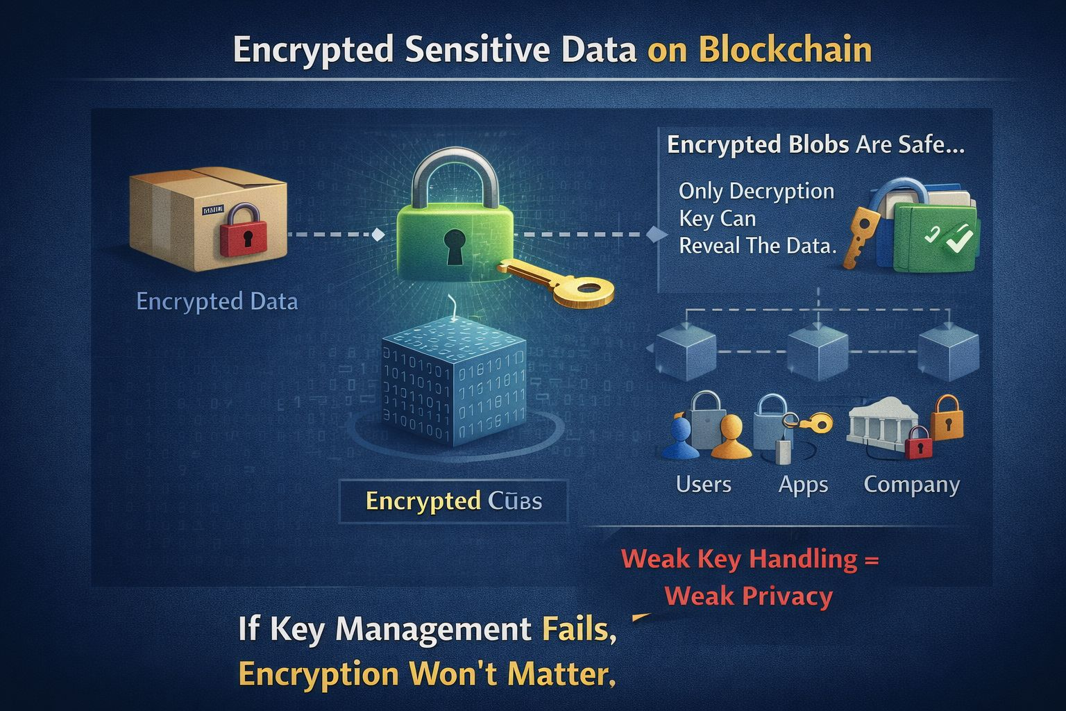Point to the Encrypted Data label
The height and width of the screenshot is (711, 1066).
point(217,301)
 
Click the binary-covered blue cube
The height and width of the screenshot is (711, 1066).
point(454,386)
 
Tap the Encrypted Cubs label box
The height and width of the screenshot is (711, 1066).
point(453,501)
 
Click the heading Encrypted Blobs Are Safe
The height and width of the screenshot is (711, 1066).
point(815,144)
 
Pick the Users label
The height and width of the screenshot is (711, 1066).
point(703,484)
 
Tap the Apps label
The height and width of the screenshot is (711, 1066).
point(803,484)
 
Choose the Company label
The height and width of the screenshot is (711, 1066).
point(911,484)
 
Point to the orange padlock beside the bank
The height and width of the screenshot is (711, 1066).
point(946,417)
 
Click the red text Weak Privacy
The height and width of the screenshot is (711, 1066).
point(748,596)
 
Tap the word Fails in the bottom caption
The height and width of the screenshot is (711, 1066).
point(578,629)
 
